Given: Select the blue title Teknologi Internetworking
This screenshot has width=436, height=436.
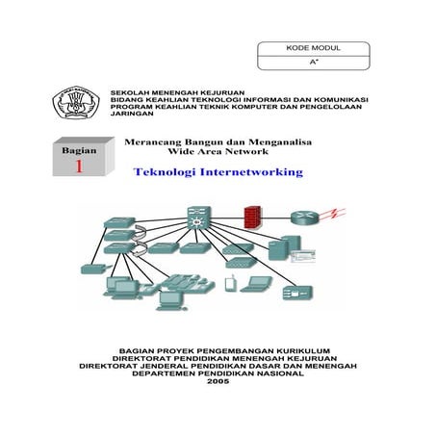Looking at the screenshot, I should (217, 173).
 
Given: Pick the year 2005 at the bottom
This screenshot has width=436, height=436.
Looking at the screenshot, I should (218, 383).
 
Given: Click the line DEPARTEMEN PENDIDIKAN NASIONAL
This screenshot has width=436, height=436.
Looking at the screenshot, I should (218, 373).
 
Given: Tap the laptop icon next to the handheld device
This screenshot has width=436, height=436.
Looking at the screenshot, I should (257, 284).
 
